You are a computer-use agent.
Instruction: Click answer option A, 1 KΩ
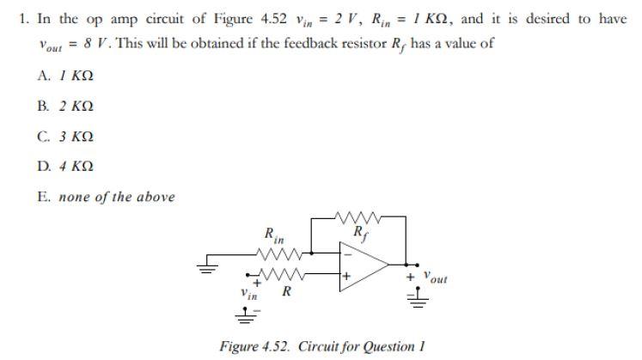click(65, 76)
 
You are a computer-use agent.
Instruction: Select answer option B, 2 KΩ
click(65, 106)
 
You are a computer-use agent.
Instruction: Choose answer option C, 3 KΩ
click(65, 136)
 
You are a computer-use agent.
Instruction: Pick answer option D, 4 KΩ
click(65, 166)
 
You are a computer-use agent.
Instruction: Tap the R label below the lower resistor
click(287, 292)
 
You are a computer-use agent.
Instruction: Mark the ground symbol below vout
click(417, 297)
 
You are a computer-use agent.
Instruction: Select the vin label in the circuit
click(248, 294)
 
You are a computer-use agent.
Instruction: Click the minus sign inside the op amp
click(349, 253)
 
